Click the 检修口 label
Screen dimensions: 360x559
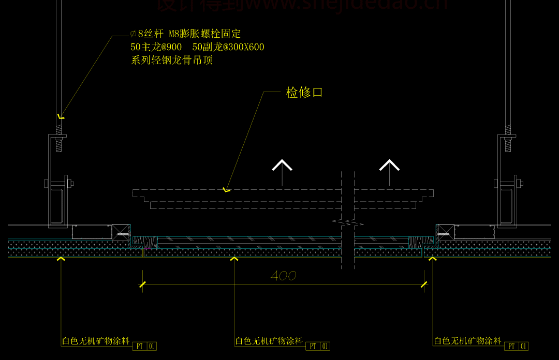[x=304, y=93]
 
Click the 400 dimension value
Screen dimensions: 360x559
[x=283, y=276]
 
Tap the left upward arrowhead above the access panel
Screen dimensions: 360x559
[x=282, y=166]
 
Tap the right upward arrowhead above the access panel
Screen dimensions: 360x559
[x=389, y=166]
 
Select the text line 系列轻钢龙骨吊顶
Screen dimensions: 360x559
[x=172, y=60]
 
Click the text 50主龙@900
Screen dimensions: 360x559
[x=156, y=47]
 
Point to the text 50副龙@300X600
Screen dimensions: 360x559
[x=228, y=47]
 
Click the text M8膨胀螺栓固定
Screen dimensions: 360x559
[x=204, y=34]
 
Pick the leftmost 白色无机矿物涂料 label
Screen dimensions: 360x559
[x=96, y=341]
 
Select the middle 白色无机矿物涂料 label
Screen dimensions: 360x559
[x=269, y=341]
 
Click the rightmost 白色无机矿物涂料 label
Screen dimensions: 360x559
[x=467, y=341]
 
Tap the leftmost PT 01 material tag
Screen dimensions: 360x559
[x=145, y=346]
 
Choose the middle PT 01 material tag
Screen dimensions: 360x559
[x=318, y=346]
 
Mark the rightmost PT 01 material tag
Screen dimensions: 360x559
[x=517, y=346]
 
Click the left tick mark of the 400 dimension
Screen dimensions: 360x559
[x=142, y=284]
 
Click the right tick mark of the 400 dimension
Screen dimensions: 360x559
[x=424, y=284]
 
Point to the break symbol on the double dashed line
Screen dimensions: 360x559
[x=347, y=223]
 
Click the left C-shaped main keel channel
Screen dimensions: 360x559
[x=58, y=204]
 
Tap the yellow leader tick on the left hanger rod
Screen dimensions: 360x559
[x=61, y=117]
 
